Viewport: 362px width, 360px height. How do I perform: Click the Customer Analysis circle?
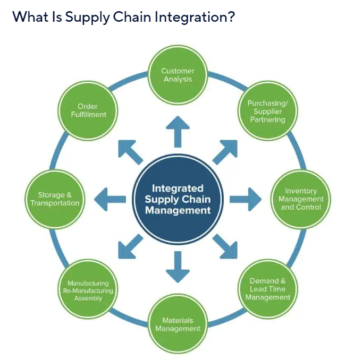(178, 74)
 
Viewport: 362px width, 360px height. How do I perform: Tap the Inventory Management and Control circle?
(301, 199)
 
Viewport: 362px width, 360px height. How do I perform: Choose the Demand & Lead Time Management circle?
(268, 289)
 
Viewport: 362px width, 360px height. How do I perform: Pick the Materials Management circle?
(178, 324)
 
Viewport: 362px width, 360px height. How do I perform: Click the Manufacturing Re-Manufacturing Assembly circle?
(88, 290)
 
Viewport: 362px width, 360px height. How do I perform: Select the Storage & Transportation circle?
(55, 199)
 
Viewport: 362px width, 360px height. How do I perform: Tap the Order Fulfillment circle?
(88, 110)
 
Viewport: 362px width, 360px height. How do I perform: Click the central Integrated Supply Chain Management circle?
(178, 199)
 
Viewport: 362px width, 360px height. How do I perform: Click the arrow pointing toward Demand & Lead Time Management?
(225, 246)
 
